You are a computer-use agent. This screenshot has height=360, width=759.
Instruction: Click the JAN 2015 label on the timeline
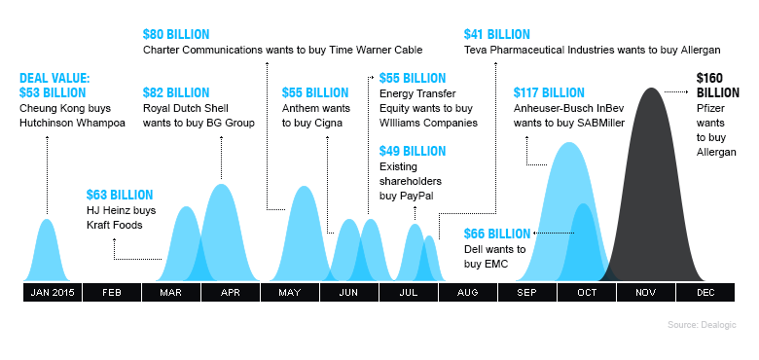[x=53, y=293]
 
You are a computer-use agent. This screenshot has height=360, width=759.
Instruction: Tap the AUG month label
[x=467, y=293]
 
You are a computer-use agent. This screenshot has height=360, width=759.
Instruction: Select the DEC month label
[x=705, y=293]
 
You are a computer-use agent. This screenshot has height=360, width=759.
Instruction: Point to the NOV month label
[x=645, y=293]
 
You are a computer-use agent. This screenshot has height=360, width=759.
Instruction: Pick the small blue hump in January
[x=46, y=253]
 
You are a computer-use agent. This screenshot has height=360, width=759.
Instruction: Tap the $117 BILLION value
[x=551, y=92]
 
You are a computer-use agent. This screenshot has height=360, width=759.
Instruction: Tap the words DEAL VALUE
[x=54, y=80]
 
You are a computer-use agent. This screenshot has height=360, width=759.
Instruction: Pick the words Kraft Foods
[x=114, y=225]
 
